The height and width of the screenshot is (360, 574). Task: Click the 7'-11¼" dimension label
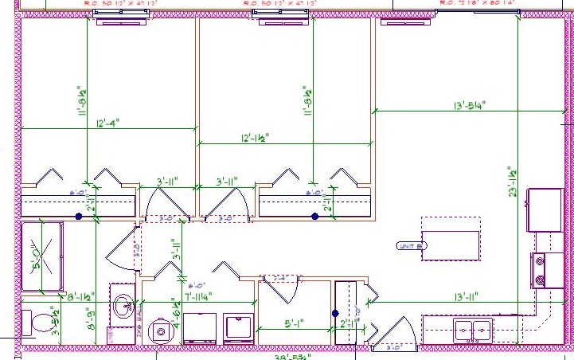tap(201, 297)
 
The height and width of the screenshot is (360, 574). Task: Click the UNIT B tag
tap(408, 246)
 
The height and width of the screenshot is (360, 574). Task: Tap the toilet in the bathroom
tap(37, 323)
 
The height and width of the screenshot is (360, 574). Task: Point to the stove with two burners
tap(549, 271)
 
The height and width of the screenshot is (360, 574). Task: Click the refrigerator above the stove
tap(545, 209)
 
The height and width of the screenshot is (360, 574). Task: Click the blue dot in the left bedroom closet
tap(79, 216)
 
